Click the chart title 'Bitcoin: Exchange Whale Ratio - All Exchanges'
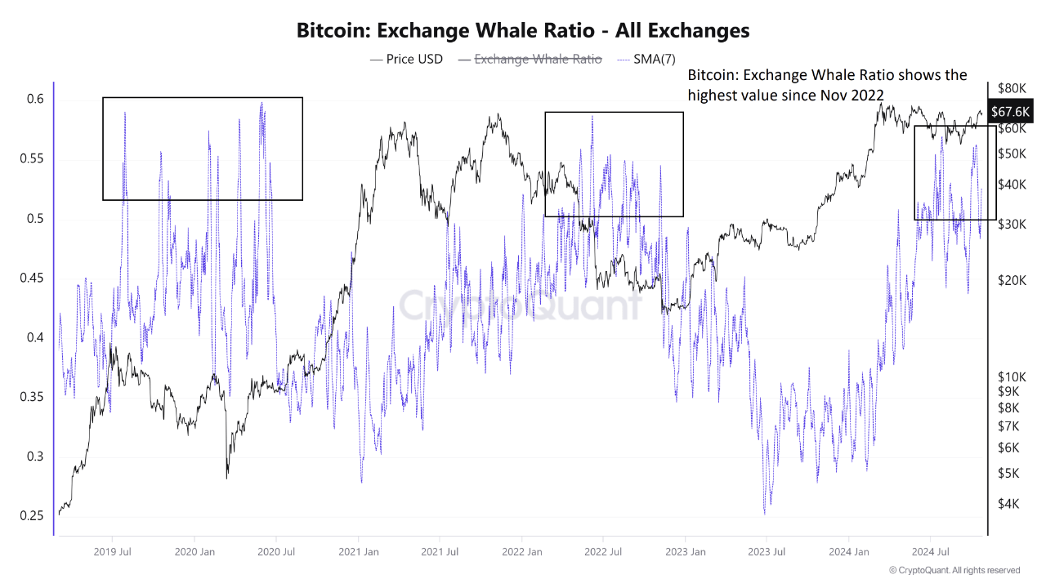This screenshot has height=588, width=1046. (522, 31)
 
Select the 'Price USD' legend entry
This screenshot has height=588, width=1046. (406, 59)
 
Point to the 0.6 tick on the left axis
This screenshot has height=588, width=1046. (34, 100)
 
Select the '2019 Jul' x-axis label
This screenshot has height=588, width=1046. (114, 552)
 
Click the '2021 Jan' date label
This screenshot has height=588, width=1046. (359, 552)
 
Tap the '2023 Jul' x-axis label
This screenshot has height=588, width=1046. (767, 552)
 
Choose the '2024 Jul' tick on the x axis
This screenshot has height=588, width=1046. (931, 552)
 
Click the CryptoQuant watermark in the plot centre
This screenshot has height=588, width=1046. (521, 305)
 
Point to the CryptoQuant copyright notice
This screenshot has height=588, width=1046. (954, 570)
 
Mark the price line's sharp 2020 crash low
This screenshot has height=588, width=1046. (226, 476)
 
